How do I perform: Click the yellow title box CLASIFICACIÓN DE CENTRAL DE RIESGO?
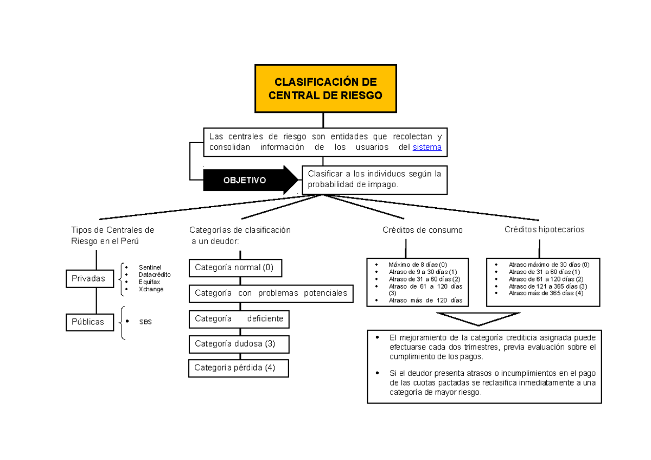[x=325, y=88]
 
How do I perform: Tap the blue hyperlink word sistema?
[x=427, y=147]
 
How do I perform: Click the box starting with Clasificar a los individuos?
[x=374, y=180]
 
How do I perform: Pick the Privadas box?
[x=88, y=278]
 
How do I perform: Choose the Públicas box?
[x=88, y=322]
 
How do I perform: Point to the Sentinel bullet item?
[x=150, y=267]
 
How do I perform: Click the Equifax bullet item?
[x=149, y=282]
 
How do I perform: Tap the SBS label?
[x=145, y=322]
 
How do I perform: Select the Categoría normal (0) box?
[x=235, y=267]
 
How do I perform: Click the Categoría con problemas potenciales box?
[x=271, y=293]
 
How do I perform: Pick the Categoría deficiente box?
[x=239, y=319]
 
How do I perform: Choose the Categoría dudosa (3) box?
[x=239, y=344]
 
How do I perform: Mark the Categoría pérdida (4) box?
[x=238, y=368]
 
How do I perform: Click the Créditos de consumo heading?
[x=423, y=230]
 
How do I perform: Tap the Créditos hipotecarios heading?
[x=544, y=229]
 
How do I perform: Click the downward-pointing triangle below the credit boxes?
[x=477, y=318]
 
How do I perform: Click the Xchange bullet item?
[x=151, y=289]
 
